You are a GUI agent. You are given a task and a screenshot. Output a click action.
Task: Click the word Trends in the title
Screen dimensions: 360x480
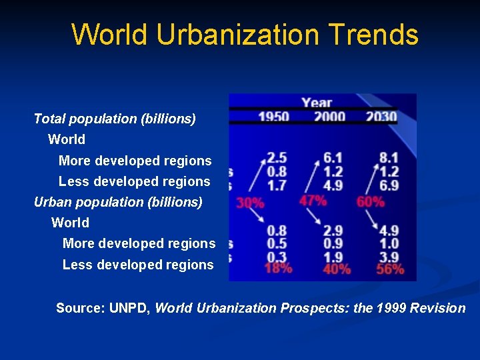(376, 35)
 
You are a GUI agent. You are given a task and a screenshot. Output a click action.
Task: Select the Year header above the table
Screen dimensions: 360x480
(317, 103)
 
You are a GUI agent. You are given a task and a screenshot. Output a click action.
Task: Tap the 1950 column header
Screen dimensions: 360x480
(273, 117)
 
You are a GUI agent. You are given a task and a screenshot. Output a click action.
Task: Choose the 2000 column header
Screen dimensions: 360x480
(329, 117)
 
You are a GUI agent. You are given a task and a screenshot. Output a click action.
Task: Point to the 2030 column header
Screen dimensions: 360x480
(381, 117)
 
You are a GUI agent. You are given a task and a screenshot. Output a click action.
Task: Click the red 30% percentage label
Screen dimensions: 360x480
(250, 203)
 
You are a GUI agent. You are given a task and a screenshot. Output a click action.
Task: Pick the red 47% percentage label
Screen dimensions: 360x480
(313, 200)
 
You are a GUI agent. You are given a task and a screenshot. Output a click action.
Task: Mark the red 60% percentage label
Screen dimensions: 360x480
(371, 201)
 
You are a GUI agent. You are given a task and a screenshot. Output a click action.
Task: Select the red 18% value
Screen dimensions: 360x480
(278, 269)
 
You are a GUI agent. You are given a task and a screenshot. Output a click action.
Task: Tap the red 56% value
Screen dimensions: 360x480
(390, 269)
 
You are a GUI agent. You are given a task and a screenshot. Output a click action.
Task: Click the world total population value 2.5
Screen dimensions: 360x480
(277, 158)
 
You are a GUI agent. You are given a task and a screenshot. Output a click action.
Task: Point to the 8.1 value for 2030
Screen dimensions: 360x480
(389, 158)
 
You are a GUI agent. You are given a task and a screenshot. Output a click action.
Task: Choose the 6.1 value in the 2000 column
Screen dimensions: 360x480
(333, 158)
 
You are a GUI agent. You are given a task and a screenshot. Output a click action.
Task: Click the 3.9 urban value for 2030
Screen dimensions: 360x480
(389, 257)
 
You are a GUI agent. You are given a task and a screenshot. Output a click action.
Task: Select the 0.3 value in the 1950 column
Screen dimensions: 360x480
(277, 257)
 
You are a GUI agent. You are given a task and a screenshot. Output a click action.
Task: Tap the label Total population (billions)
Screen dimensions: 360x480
(115, 119)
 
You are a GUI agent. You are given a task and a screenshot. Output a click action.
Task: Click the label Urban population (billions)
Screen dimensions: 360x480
(118, 201)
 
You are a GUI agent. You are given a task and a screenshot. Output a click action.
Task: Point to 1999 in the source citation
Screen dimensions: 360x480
(395, 308)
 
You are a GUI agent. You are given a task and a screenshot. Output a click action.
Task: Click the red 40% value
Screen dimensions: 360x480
(337, 269)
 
